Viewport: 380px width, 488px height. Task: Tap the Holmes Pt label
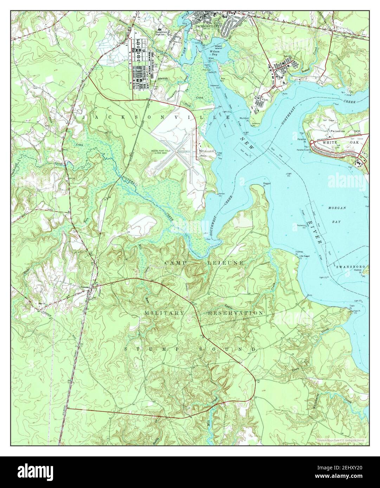(299, 251)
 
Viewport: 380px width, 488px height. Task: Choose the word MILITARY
(164, 312)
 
